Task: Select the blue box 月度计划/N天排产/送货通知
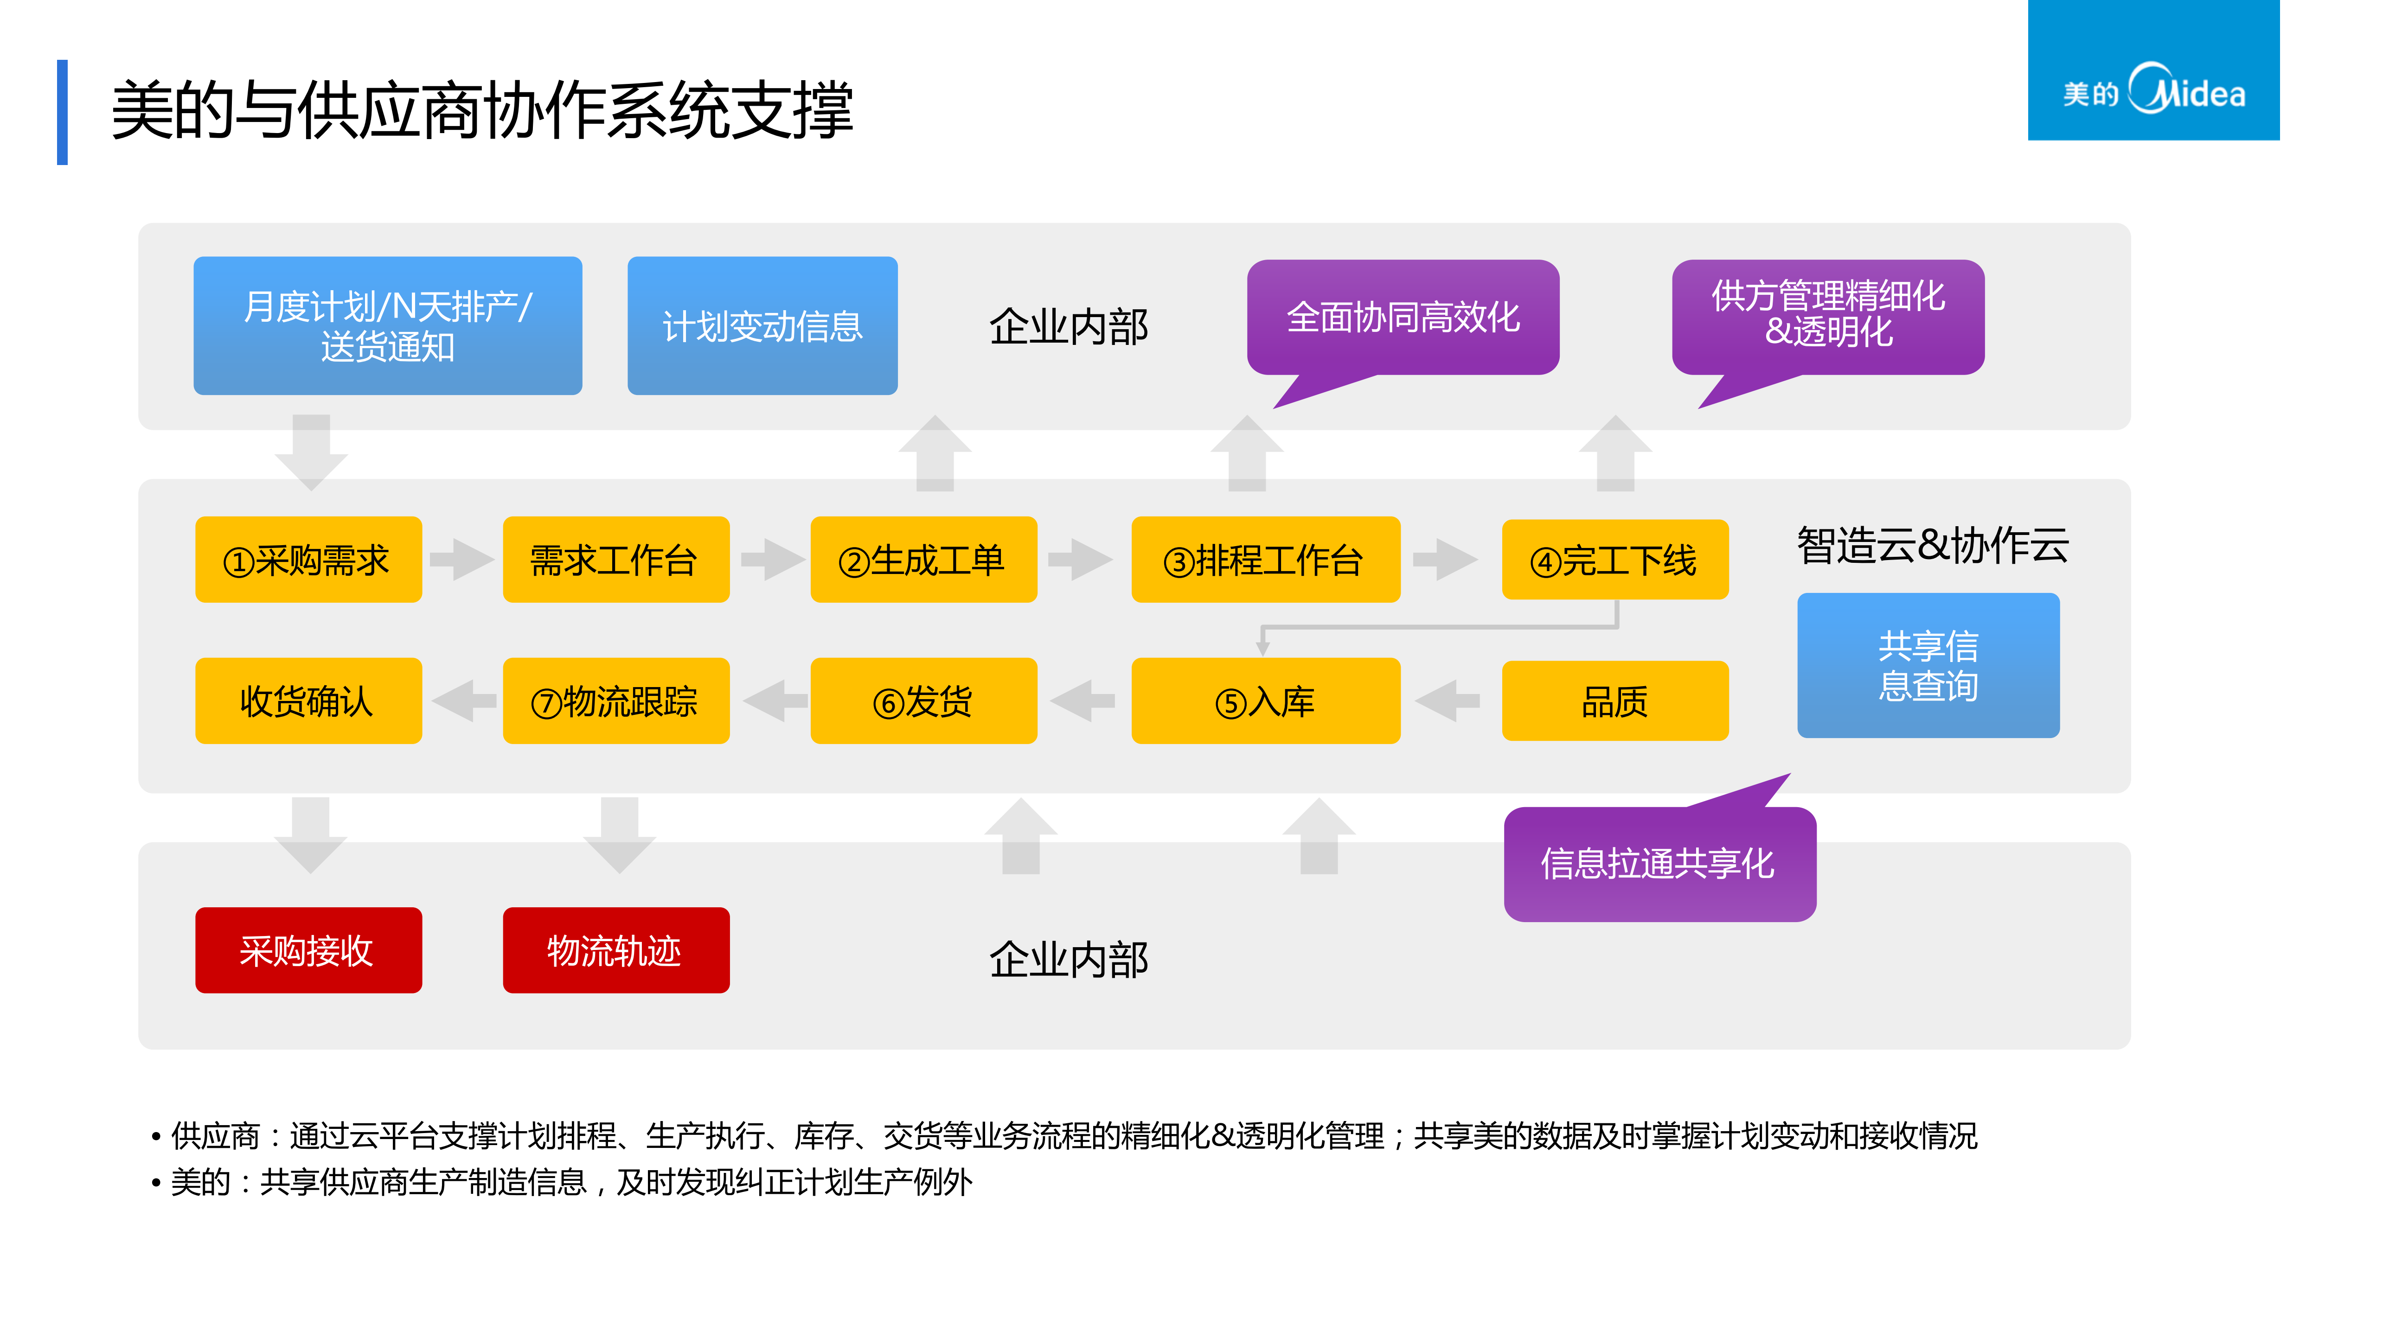point(388,325)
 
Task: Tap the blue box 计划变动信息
point(762,325)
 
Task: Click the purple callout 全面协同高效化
point(1403,317)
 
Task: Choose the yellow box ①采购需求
point(308,560)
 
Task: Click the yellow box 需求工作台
point(615,560)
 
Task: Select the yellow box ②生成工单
point(923,560)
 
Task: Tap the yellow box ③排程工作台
point(1265,560)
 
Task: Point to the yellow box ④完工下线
point(1614,560)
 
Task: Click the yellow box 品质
point(1614,701)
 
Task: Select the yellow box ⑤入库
point(1265,701)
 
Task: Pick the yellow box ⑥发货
point(923,701)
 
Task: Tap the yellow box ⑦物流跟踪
point(615,701)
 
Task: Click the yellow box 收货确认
point(308,701)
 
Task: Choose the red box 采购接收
point(308,950)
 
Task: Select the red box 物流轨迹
point(615,950)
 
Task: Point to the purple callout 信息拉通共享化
point(1659,863)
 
